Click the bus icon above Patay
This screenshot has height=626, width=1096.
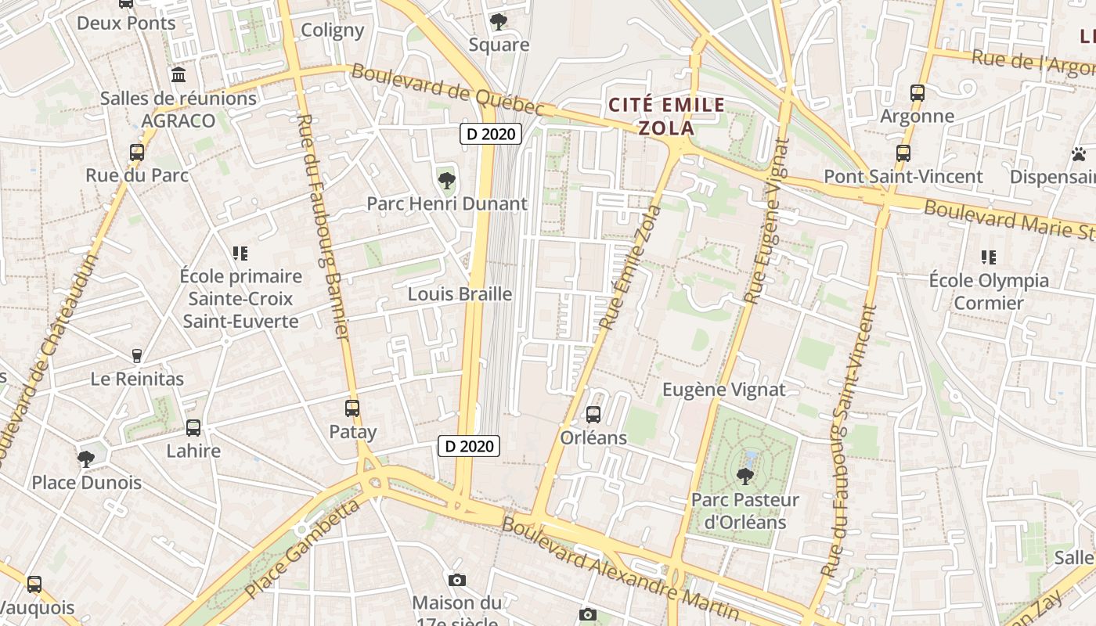352,408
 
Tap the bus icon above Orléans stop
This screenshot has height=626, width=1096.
593,414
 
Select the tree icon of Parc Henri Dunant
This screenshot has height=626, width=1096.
447,181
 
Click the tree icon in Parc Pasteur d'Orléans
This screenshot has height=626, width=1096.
745,475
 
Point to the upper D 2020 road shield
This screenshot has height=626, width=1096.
491,134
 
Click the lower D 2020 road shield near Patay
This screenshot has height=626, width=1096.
469,446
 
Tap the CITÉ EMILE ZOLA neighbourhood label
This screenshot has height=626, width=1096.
667,117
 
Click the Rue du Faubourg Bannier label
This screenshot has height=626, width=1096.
323,227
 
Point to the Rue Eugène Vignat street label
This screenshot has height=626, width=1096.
769,221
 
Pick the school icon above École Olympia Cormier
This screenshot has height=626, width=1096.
988,257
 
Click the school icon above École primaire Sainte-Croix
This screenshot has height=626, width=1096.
240,253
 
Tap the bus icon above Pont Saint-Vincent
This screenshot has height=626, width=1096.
903,153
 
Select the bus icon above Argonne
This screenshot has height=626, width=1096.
918,92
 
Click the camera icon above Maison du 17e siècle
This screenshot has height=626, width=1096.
457,580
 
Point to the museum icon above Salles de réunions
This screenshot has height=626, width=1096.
178,75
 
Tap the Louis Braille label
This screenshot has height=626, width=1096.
460,294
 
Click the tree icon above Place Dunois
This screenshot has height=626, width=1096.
86,459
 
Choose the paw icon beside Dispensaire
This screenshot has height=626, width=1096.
1079,153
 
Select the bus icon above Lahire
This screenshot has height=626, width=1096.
193,428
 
